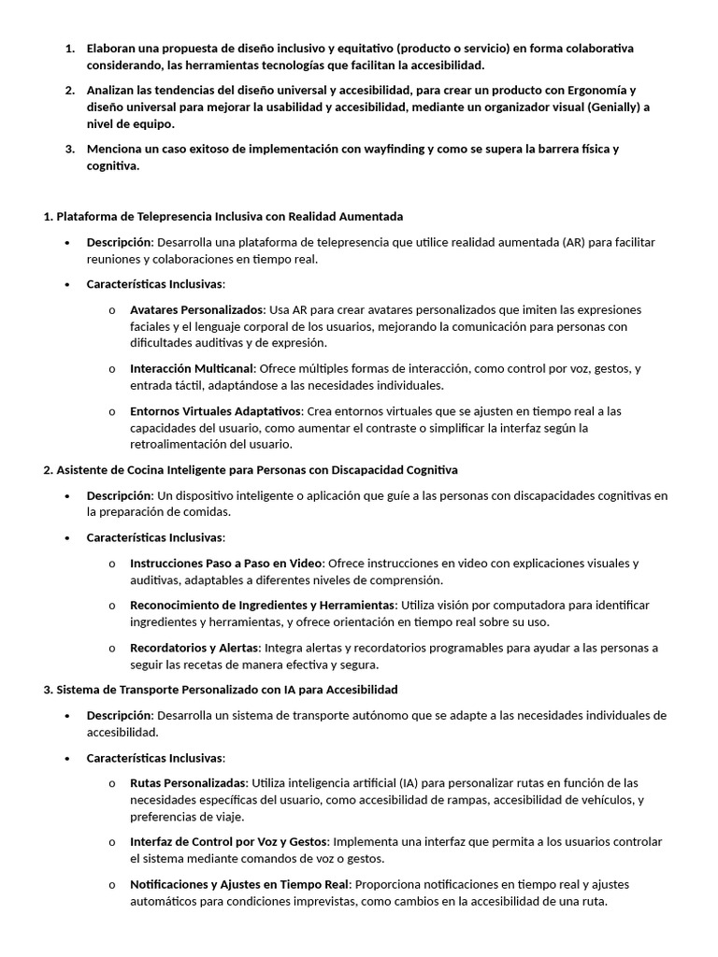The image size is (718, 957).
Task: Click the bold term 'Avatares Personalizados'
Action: pyautogui.click(x=197, y=309)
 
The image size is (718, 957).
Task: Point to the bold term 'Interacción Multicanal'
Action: pyautogui.click(x=192, y=368)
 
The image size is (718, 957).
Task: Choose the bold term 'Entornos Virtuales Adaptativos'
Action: pyautogui.click(x=216, y=411)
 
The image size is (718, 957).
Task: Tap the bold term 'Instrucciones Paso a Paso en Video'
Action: pyautogui.click(x=226, y=563)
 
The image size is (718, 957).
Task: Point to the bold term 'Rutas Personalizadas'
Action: pyautogui.click(x=189, y=782)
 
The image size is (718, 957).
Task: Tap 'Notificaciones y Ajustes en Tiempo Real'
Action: pyautogui.click(x=239, y=884)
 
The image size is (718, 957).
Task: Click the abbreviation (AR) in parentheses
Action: pyautogui.click(x=574, y=242)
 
